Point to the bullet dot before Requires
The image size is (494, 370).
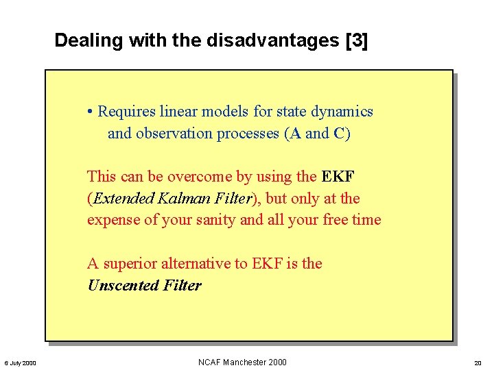[91, 112]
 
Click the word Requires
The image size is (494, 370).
[128, 112]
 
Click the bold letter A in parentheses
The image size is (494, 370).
[296, 134]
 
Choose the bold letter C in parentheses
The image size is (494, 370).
[339, 134]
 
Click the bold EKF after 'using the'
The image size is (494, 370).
[338, 177]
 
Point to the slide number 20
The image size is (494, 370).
[478, 363]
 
